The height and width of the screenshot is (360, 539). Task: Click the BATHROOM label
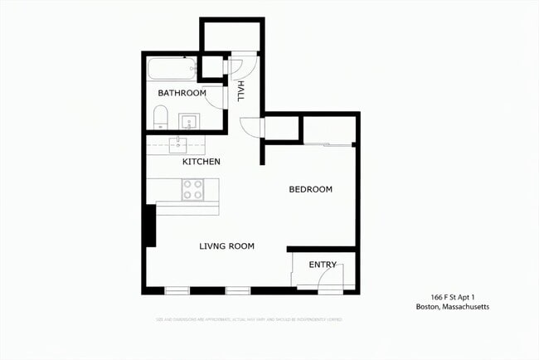182,93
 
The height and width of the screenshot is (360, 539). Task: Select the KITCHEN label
202,162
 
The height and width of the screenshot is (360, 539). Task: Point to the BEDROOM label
310,189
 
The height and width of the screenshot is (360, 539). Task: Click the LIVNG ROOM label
226,246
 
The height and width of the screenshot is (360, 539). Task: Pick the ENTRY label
323,265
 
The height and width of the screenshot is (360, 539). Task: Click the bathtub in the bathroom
172,69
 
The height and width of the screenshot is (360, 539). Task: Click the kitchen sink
180,146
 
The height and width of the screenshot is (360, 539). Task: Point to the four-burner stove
192,190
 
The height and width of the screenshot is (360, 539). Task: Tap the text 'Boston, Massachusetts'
453,307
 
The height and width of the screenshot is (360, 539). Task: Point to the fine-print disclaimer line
249,319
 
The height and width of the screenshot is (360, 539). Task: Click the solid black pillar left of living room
149,225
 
